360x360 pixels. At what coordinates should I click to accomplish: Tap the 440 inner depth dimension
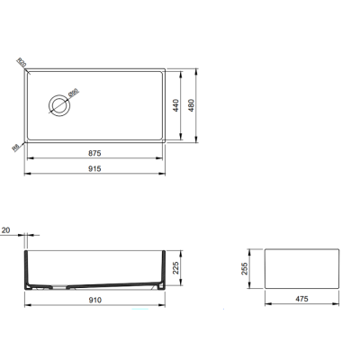coord(187,103)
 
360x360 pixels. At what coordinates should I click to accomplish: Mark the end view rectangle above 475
coord(303,266)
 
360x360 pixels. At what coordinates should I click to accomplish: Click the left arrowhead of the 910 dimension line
coord(24,306)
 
